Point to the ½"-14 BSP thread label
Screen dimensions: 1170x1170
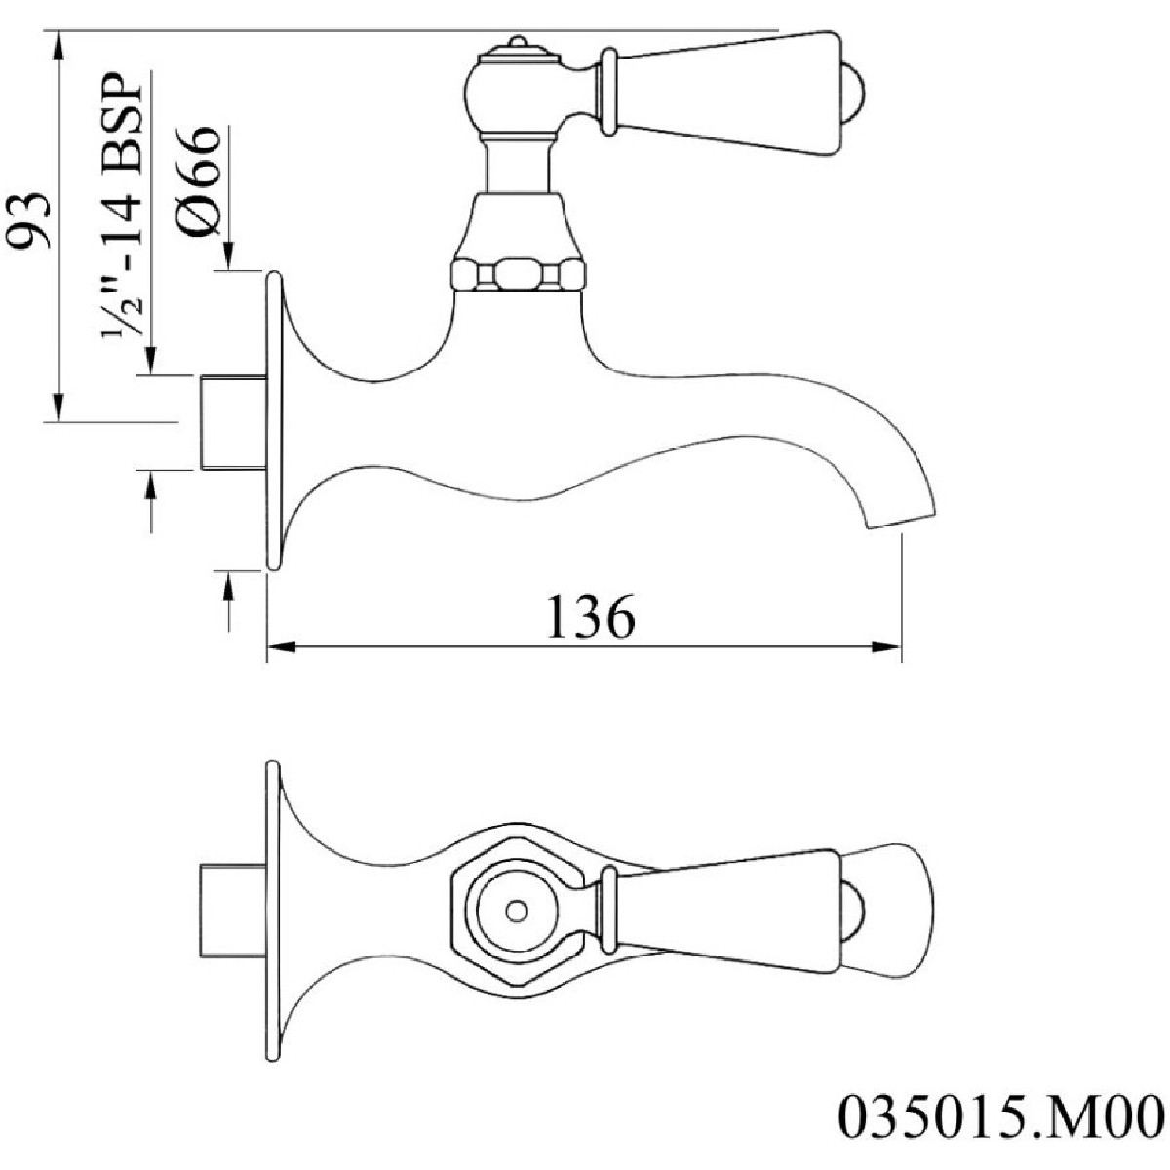coord(122,205)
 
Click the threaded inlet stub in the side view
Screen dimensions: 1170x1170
coord(233,422)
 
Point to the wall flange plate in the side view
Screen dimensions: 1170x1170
coord(275,421)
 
